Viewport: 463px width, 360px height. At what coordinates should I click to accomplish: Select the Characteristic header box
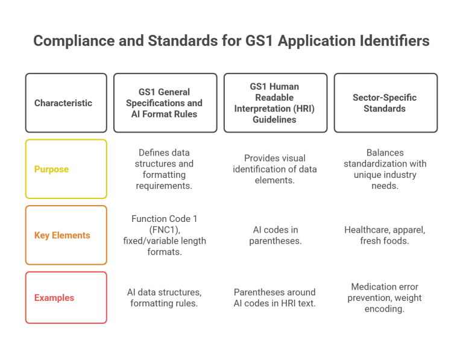click(66, 103)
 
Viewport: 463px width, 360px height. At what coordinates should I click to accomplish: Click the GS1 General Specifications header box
click(165, 103)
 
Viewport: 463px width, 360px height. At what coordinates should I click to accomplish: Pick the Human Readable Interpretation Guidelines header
click(276, 103)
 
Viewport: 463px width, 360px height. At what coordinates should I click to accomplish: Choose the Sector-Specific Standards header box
click(386, 103)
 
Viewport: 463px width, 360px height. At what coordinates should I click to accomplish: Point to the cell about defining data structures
click(165, 169)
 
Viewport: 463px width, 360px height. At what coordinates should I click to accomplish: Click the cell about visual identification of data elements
click(276, 169)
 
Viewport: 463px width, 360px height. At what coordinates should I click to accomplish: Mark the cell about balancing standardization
click(386, 169)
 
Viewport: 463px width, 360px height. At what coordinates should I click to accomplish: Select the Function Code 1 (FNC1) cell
click(165, 235)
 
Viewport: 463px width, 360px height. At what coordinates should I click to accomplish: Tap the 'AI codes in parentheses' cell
click(276, 235)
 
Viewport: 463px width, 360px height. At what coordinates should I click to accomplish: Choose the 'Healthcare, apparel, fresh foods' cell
click(386, 235)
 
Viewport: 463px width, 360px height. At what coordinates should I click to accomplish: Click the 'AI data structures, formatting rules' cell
click(165, 298)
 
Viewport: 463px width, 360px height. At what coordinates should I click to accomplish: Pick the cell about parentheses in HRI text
click(276, 298)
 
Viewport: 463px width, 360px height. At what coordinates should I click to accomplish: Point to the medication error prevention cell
click(386, 298)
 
